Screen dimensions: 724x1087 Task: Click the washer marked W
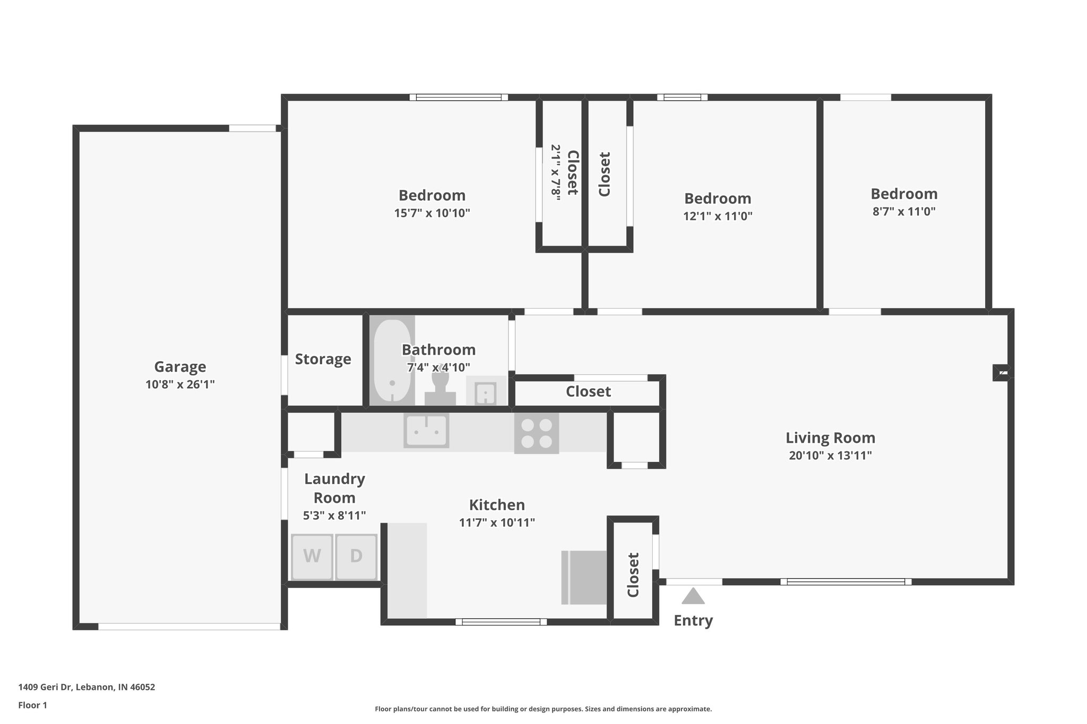coord(312,556)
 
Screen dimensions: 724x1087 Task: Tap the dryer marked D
coord(356,556)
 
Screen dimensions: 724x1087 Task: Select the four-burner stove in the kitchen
coord(536,433)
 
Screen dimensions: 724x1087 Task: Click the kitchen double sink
coord(426,431)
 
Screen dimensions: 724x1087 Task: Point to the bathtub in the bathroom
coord(392,362)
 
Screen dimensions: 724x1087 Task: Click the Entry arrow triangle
coord(693,597)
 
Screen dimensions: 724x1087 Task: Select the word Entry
coord(693,620)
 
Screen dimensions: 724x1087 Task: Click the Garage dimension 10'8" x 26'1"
coord(180,385)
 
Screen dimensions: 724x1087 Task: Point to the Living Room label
coord(830,438)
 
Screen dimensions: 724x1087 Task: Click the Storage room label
coord(323,359)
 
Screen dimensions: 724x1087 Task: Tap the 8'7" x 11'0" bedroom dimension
coord(903,212)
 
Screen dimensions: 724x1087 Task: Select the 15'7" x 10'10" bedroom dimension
coord(432,213)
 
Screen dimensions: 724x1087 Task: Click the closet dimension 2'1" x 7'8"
coord(556,172)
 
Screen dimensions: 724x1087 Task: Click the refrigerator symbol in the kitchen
coord(584,577)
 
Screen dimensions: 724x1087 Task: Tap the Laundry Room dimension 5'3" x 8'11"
coord(334,515)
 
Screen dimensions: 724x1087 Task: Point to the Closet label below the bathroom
coord(588,392)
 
